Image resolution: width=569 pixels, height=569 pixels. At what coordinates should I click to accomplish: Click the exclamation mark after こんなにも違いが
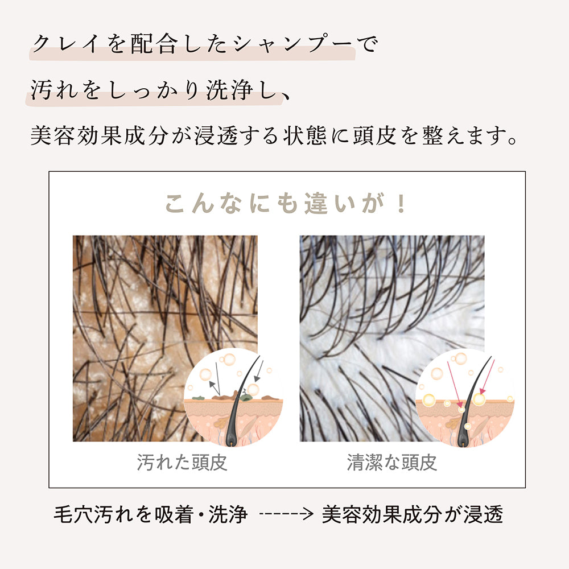click(x=402, y=203)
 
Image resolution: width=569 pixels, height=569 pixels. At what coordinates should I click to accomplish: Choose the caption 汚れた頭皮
click(x=182, y=462)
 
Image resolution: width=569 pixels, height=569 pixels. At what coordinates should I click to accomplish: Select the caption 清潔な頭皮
click(x=392, y=462)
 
